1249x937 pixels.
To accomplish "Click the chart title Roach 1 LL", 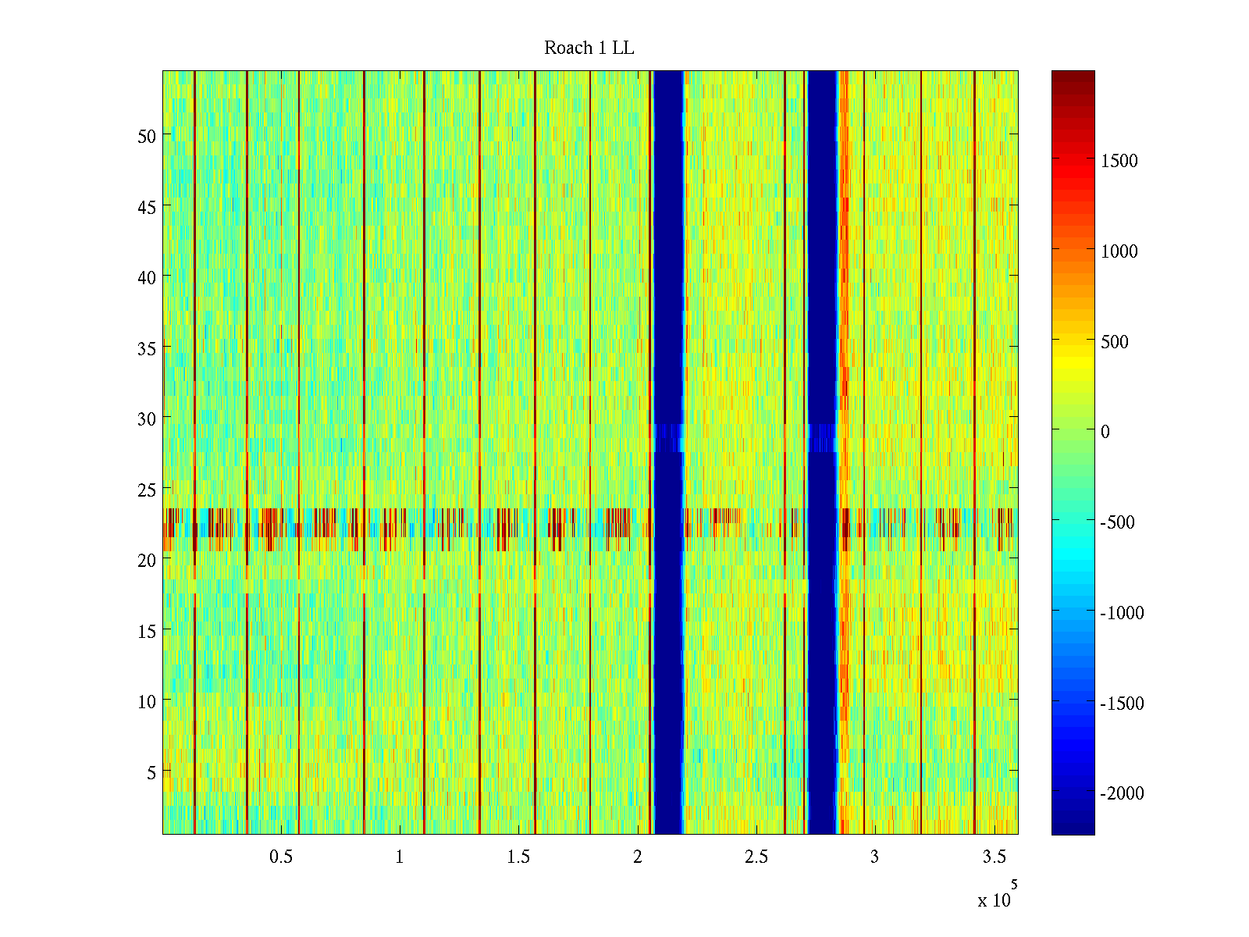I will [x=589, y=48].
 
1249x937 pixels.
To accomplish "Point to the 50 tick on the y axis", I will [x=146, y=136].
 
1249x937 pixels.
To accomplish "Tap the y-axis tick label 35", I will [x=146, y=348].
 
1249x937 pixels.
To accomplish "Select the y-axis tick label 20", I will [x=146, y=560].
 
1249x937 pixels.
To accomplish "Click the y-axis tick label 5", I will [x=151, y=772].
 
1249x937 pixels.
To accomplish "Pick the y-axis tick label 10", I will [x=146, y=701].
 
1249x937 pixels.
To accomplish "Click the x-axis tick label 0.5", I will [x=281, y=857].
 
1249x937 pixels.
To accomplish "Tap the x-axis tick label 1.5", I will [x=518, y=857].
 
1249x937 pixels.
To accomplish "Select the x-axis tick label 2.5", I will [x=756, y=857].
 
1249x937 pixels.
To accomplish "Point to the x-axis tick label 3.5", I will [x=994, y=857].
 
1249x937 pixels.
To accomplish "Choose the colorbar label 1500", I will [x=1119, y=161].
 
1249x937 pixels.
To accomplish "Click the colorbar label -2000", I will [x=1122, y=793].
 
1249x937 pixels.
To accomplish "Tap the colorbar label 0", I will [x=1105, y=432].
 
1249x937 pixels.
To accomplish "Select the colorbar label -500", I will [x=1117, y=522].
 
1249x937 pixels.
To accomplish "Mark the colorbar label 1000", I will [x=1119, y=251].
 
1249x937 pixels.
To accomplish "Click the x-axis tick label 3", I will [x=874, y=857].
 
